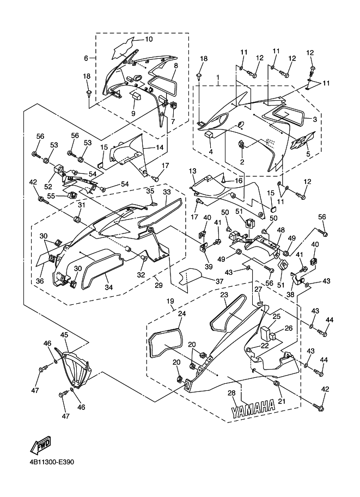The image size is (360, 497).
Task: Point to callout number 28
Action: click(231, 393)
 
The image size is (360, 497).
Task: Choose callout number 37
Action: click(219, 281)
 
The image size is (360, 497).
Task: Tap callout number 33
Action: click(167, 192)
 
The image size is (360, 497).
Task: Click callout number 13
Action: click(192, 171)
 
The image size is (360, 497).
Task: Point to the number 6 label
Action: click(86, 58)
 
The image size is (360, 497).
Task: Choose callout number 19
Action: click(170, 300)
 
